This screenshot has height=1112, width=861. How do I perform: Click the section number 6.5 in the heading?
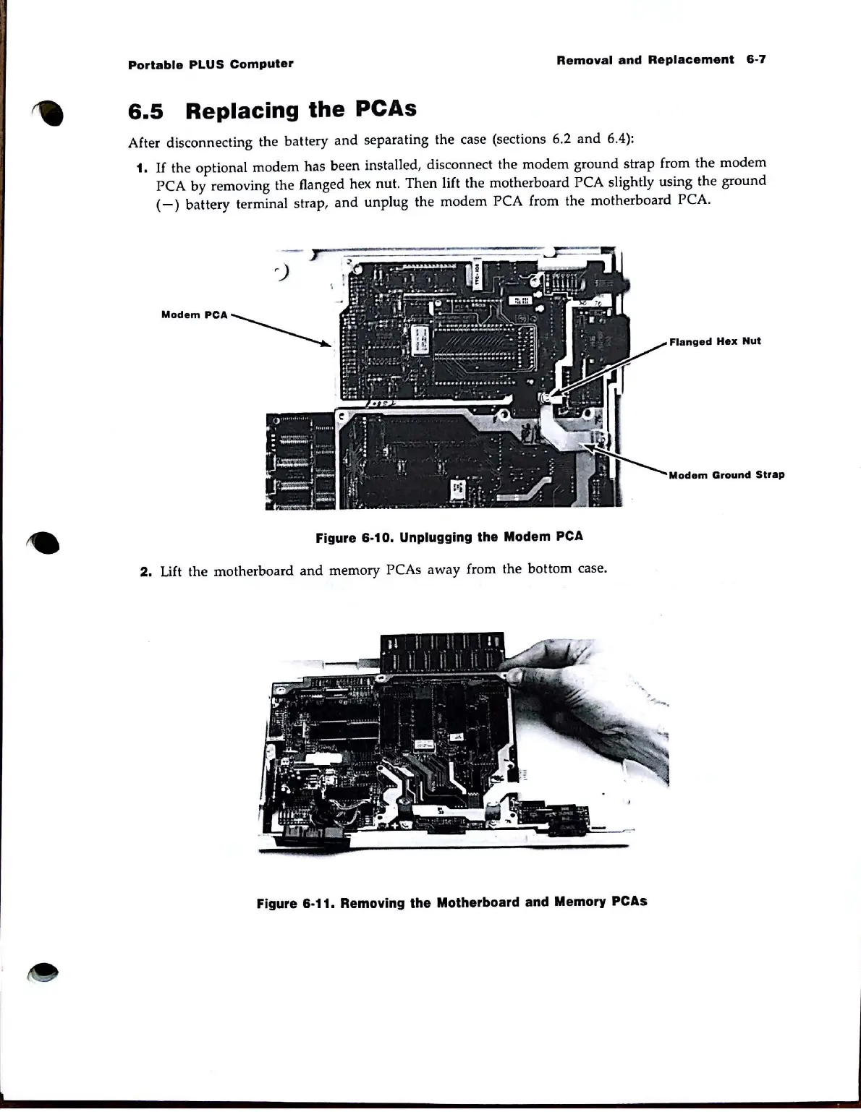(145, 112)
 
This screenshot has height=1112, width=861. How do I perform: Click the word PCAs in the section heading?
(386, 108)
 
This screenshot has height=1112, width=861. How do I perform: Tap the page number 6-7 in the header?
(755, 59)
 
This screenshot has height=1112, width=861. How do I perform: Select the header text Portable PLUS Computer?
(211, 64)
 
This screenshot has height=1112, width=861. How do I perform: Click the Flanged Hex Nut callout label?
(715, 341)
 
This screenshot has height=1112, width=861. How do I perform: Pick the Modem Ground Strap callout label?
(726, 475)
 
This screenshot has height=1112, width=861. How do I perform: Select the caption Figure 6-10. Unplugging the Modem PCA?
(449, 537)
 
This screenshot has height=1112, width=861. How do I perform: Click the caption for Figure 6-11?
(451, 902)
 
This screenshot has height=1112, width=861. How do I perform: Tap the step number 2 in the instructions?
(145, 572)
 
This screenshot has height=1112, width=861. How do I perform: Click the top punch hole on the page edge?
(51, 112)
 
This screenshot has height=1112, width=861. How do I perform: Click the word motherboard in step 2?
(253, 570)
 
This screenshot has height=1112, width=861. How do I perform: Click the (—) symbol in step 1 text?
(167, 205)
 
